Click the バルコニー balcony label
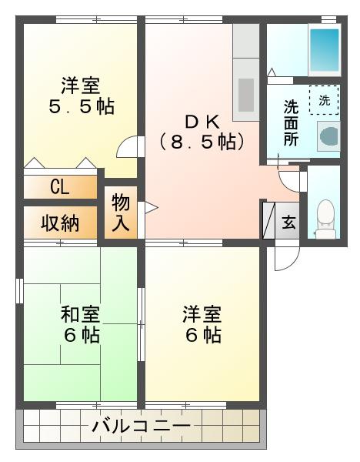click(x=142, y=426)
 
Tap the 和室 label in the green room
click(x=80, y=314)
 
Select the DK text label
click(x=202, y=122)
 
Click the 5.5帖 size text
click(x=82, y=107)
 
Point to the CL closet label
click(x=60, y=187)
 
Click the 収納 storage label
click(x=60, y=223)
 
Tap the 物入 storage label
click(x=121, y=213)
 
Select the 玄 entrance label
click(x=288, y=223)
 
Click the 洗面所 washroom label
click(x=291, y=123)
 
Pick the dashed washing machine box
click(x=324, y=100)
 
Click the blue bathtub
click(x=325, y=49)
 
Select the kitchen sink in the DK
click(x=246, y=95)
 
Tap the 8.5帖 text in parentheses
click(x=202, y=142)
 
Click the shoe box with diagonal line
click(x=268, y=220)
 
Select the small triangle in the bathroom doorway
click(x=272, y=72)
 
